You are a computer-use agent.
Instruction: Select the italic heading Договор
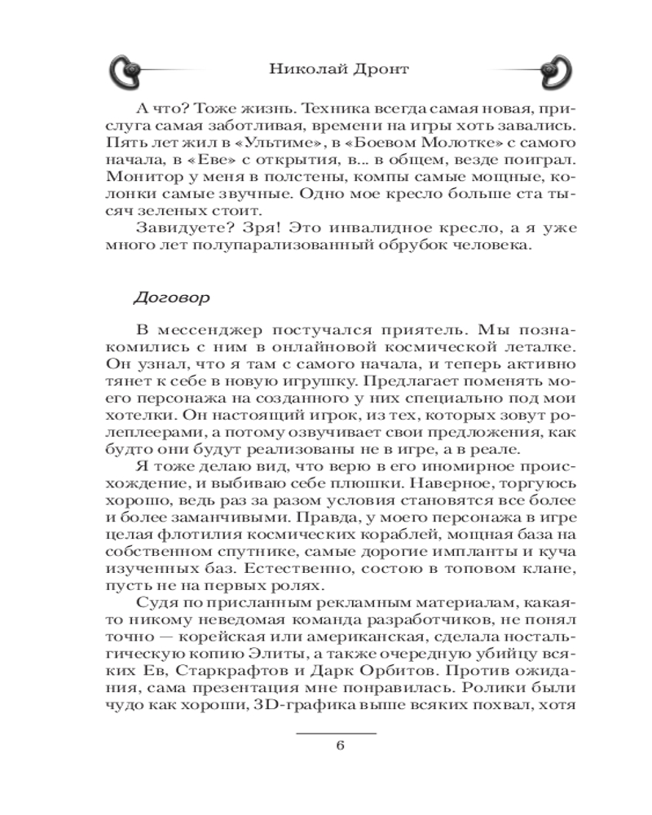click(x=171, y=298)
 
